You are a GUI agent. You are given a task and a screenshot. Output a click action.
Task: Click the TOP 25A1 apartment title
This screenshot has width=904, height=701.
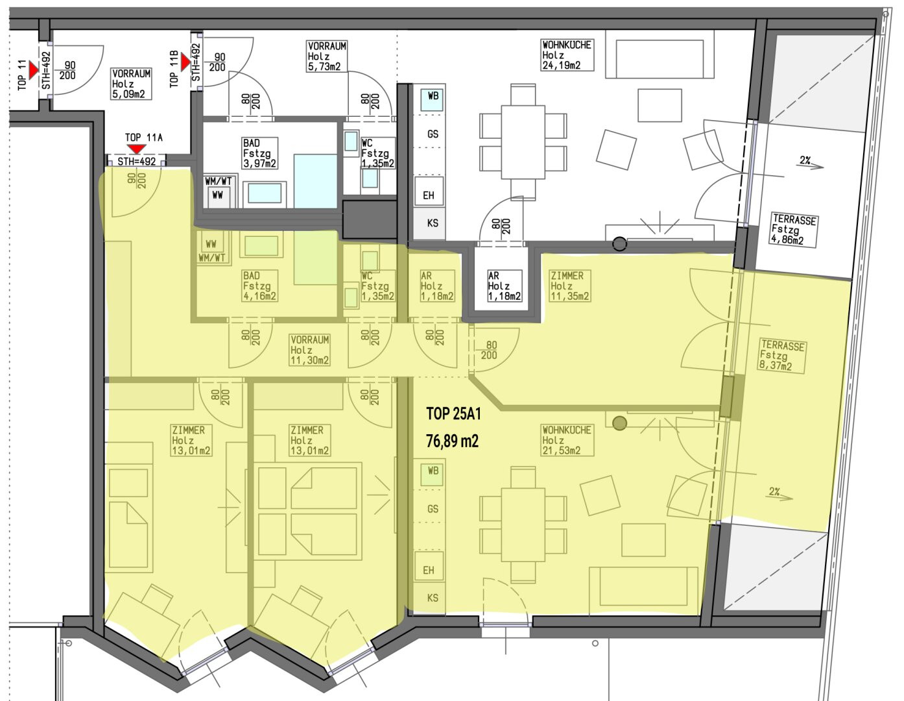click(453, 413)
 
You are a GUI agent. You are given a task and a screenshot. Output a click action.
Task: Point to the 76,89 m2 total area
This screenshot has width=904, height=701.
click(453, 441)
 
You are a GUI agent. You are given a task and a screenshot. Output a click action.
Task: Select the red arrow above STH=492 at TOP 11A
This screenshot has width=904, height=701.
click(136, 149)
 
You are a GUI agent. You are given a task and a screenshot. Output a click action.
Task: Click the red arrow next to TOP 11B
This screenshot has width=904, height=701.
click(185, 63)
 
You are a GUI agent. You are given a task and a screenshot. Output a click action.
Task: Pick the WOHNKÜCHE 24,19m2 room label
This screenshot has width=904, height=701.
click(567, 55)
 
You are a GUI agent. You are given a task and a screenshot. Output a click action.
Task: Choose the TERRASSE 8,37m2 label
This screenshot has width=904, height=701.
click(781, 356)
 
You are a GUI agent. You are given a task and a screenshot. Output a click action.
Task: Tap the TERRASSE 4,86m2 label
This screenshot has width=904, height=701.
click(793, 229)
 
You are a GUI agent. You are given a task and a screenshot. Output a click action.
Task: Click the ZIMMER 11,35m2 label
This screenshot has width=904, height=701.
click(569, 286)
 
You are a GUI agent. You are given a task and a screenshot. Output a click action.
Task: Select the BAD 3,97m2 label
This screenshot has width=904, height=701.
click(259, 153)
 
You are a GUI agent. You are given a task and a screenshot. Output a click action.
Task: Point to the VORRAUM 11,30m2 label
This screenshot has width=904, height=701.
click(310, 350)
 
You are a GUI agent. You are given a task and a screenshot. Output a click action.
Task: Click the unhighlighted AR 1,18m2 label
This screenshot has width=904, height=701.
click(505, 286)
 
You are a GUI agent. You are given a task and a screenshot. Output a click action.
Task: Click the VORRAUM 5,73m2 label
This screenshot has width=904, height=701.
click(327, 56)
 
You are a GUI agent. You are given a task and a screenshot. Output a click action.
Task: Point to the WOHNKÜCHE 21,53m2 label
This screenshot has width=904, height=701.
click(567, 440)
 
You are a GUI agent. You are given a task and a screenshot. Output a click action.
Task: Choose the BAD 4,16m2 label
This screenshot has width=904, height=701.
click(259, 286)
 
